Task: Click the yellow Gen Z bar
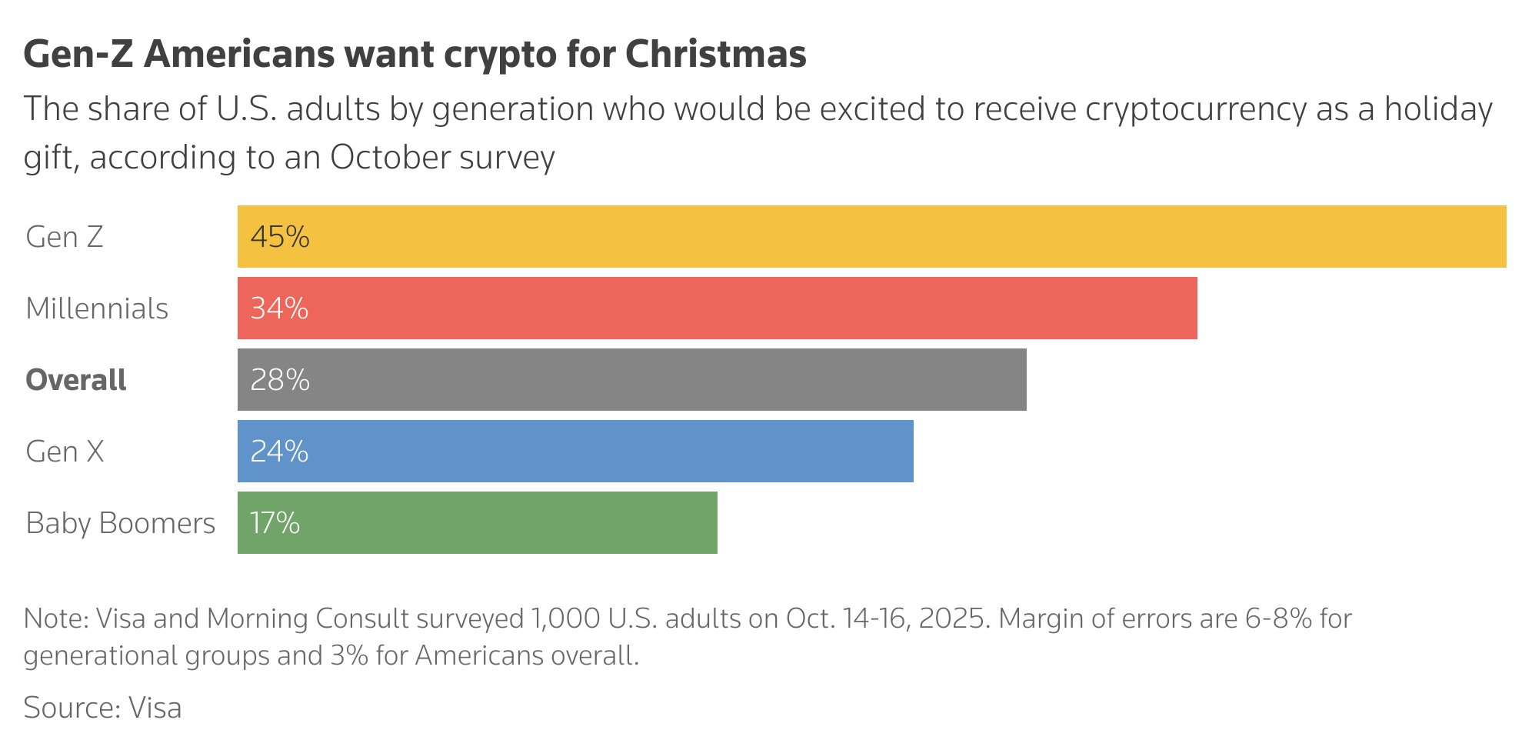pos(871,236)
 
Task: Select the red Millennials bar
pos(717,308)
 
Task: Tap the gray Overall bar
pos(631,379)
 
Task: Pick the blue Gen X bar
pos(575,451)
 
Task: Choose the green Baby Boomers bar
pos(477,522)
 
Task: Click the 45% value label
pos(280,237)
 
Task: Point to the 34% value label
pos(279,308)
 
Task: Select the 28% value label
pos(280,380)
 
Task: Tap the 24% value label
pos(279,452)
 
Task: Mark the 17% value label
pos(275,523)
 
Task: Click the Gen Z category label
pos(65,237)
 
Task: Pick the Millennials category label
pos(97,308)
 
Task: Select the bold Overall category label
pos(76,380)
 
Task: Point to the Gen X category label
pos(65,452)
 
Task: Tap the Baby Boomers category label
pos(121,523)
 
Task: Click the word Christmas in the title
pos(715,54)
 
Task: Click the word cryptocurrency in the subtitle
pos(1195,109)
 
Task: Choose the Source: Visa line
pos(102,708)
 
